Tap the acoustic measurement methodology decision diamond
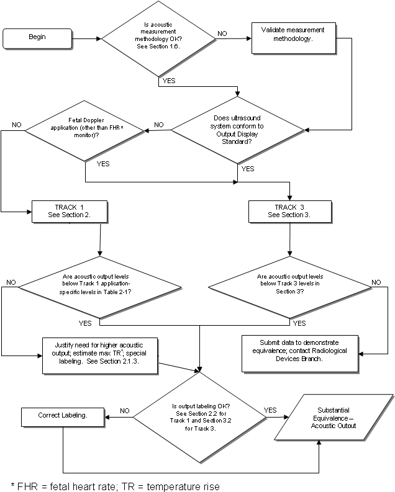[158, 38]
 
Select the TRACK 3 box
[289, 211]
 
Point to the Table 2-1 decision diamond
[100, 287]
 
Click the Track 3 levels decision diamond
[289, 287]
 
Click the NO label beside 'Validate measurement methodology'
[222, 34]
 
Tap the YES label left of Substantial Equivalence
[270, 410]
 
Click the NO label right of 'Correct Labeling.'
[124, 410]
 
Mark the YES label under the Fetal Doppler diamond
[102, 164]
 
